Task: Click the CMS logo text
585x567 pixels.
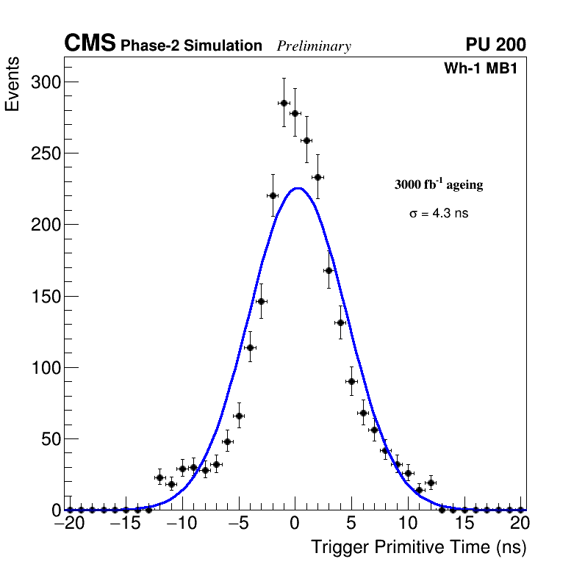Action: point(90,44)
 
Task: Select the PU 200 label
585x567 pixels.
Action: point(495,45)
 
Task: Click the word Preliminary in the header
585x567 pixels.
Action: point(314,46)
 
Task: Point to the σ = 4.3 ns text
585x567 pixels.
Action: point(438,214)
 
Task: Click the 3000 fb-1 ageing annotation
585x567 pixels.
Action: point(439,184)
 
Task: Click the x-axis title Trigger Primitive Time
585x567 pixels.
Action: point(418,547)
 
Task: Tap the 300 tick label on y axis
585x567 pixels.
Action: point(45,82)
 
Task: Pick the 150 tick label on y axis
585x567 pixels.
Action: point(45,297)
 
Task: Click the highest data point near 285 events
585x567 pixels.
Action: point(284,103)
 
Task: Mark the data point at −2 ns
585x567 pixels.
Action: point(273,195)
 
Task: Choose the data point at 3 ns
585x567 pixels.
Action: point(329,270)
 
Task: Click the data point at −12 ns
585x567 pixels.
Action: point(159,477)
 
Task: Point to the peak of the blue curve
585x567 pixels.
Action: point(296,188)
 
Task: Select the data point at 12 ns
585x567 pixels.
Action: point(431,483)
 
